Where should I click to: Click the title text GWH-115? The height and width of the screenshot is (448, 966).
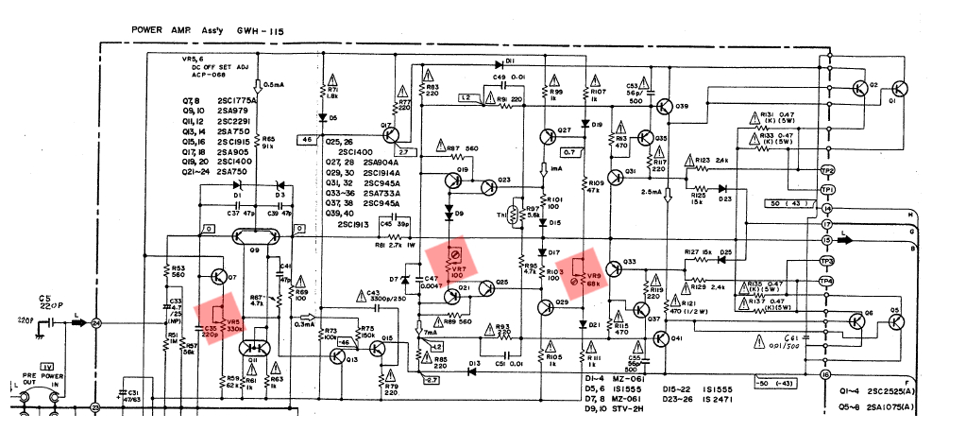[x=263, y=30]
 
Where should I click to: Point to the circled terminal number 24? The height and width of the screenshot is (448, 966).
[x=96, y=323]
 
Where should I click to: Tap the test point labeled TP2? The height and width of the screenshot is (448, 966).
[x=827, y=170]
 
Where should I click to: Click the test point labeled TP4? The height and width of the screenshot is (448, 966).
[x=827, y=281]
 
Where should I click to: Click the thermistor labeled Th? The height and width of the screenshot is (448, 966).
[x=514, y=215]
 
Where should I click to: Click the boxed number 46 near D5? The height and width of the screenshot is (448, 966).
[x=306, y=139]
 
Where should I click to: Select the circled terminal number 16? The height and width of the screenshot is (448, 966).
[x=827, y=375]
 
